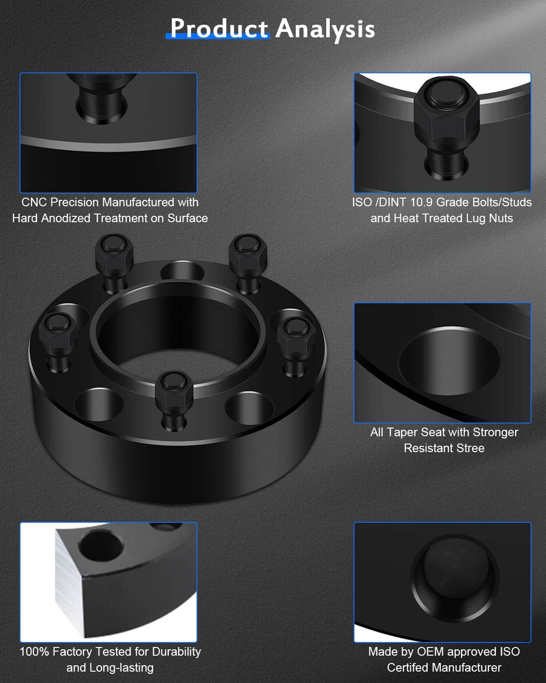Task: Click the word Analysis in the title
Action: point(325,29)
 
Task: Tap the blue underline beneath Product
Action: point(217,36)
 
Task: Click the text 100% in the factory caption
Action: point(34,652)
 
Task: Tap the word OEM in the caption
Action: point(430,652)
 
